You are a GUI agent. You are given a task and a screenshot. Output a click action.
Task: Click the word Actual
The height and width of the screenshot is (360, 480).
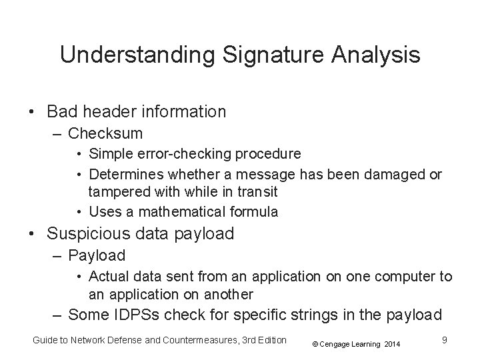tap(107, 276)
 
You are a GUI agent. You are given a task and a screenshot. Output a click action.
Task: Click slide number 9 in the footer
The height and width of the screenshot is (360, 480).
tap(444, 340)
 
